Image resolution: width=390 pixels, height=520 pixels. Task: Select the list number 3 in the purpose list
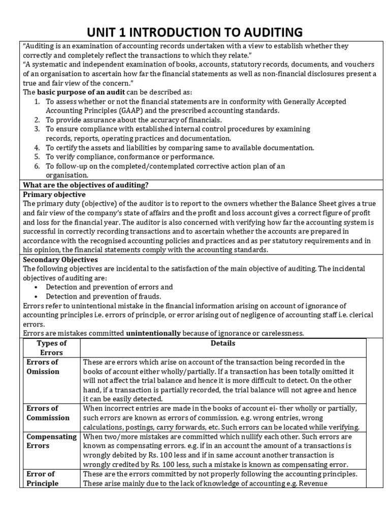(37, 129)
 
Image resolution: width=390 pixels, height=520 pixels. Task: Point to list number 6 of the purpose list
(37, 166)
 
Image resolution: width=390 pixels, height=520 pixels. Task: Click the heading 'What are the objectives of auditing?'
(86, 185)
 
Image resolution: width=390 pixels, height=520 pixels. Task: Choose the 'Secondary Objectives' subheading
(60, 259)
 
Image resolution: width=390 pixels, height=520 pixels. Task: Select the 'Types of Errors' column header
(51, 348)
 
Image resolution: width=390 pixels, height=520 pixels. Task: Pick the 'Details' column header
(223, 344)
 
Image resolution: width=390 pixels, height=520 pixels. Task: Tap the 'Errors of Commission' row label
(48, 413)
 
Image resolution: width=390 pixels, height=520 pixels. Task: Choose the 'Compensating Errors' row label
(51, 441)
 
